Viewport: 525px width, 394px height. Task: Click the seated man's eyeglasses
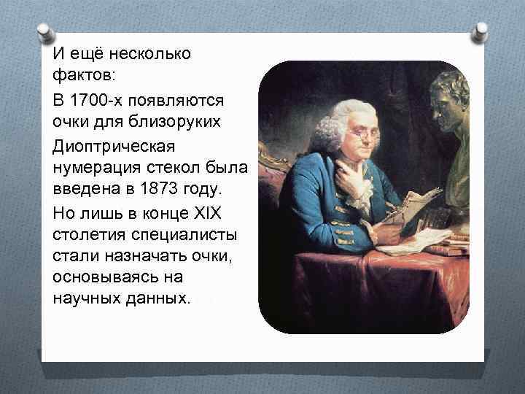[362, 134]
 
